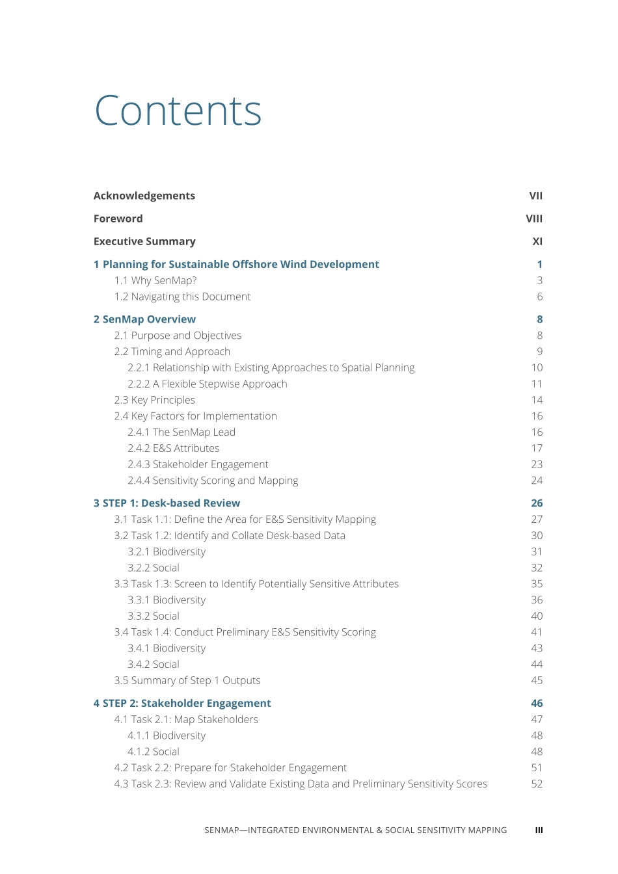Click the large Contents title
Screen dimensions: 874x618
coord(178,111)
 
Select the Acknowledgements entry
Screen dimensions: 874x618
coord(144,196)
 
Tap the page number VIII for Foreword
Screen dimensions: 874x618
coord(533,218)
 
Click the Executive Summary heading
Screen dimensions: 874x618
coord(144,241)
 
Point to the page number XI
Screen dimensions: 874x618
coord(537,241)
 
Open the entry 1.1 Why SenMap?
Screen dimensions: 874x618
coord(155,280)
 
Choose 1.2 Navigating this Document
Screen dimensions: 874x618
coord(182,297)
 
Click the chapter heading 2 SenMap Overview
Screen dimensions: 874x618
coord(144,319)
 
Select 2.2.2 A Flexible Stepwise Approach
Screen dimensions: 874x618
coord(207,384)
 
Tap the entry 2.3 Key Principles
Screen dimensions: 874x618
coord(154,400)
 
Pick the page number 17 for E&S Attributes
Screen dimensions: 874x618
coord(537,448)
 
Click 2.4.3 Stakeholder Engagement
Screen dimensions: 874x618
coord(198,464)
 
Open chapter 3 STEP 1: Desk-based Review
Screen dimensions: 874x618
coord(167,503)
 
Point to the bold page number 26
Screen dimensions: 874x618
coord(537,503)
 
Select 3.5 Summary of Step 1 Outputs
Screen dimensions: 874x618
coord(187,680)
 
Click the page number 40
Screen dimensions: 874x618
coord(537,616)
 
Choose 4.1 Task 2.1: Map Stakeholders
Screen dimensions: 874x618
coord(186,719)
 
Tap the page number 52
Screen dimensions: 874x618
coord(537,784)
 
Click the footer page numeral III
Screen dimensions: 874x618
coord(539,830)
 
